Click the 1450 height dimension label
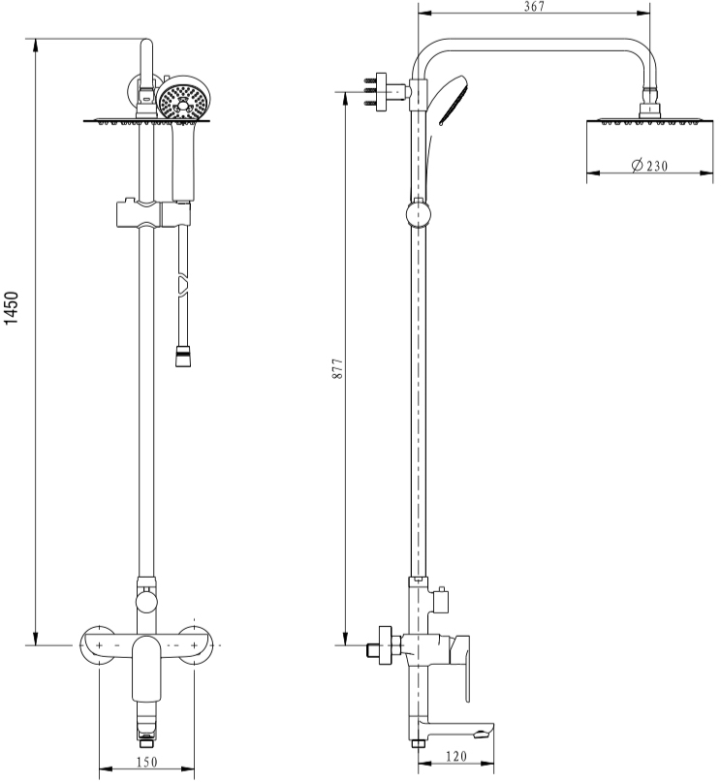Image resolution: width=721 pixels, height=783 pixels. [11, 308]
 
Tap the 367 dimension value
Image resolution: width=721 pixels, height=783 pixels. [534, 7]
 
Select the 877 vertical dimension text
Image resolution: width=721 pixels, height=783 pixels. [338, 368]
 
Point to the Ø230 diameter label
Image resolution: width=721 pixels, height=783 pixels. [649, 166]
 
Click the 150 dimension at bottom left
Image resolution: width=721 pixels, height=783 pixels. [146, 762]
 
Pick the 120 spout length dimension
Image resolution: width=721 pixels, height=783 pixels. [456, 757]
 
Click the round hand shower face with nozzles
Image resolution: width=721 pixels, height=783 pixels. [183, 103]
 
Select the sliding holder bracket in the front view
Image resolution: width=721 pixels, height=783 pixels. [154, 214]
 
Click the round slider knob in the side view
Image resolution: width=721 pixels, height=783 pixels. [419, 214]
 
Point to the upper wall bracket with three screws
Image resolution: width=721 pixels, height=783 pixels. [380, 92]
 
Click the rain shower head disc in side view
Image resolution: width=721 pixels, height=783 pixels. [649, 121]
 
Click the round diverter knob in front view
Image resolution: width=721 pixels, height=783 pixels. [146, 600]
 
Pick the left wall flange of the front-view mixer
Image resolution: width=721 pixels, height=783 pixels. [100, 644]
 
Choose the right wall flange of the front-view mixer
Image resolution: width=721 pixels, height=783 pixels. [195, 644]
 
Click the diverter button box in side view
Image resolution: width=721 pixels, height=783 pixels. [440, 601]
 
